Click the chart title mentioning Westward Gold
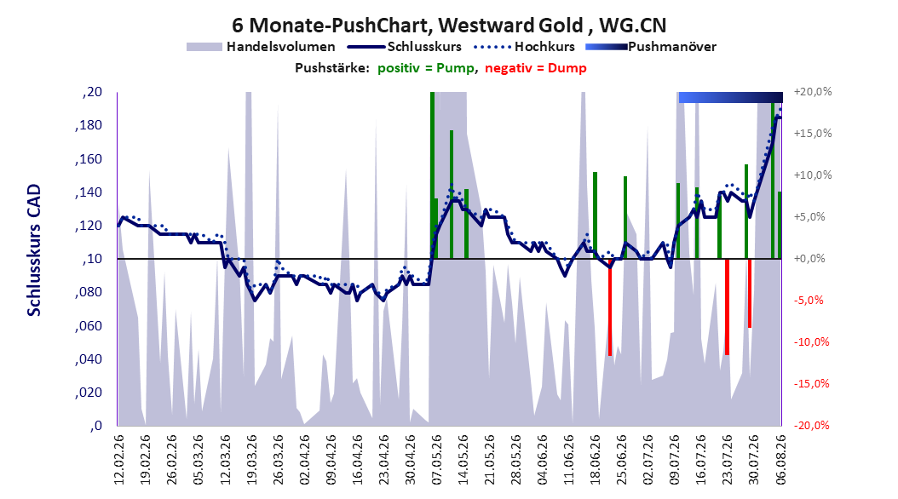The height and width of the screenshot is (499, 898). point(449,26)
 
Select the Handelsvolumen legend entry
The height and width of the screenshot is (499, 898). point(261,47)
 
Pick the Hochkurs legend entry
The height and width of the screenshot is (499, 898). point(524,47)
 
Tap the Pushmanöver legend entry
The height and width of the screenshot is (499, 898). point(651,47)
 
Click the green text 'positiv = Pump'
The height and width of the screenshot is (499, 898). point(426,68)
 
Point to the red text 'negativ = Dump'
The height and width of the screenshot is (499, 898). point(536,68)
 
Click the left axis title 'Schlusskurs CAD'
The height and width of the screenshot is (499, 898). point(34,249)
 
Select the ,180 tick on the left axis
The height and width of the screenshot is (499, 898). point(89,125)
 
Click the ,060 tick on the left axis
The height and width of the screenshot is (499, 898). point(89,325)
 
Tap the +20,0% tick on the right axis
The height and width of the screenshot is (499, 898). point(813,92)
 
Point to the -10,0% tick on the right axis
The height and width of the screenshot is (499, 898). point(811,342)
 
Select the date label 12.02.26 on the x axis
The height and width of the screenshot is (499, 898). point(118,460)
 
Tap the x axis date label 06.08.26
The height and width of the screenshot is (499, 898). point(780,460)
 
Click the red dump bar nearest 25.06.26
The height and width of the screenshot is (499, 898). point(610,307)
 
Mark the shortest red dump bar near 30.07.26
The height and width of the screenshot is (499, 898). point(750,294)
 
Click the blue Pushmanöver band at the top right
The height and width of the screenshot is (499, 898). point(730,97)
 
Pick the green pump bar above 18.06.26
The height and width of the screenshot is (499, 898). point(595,215)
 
